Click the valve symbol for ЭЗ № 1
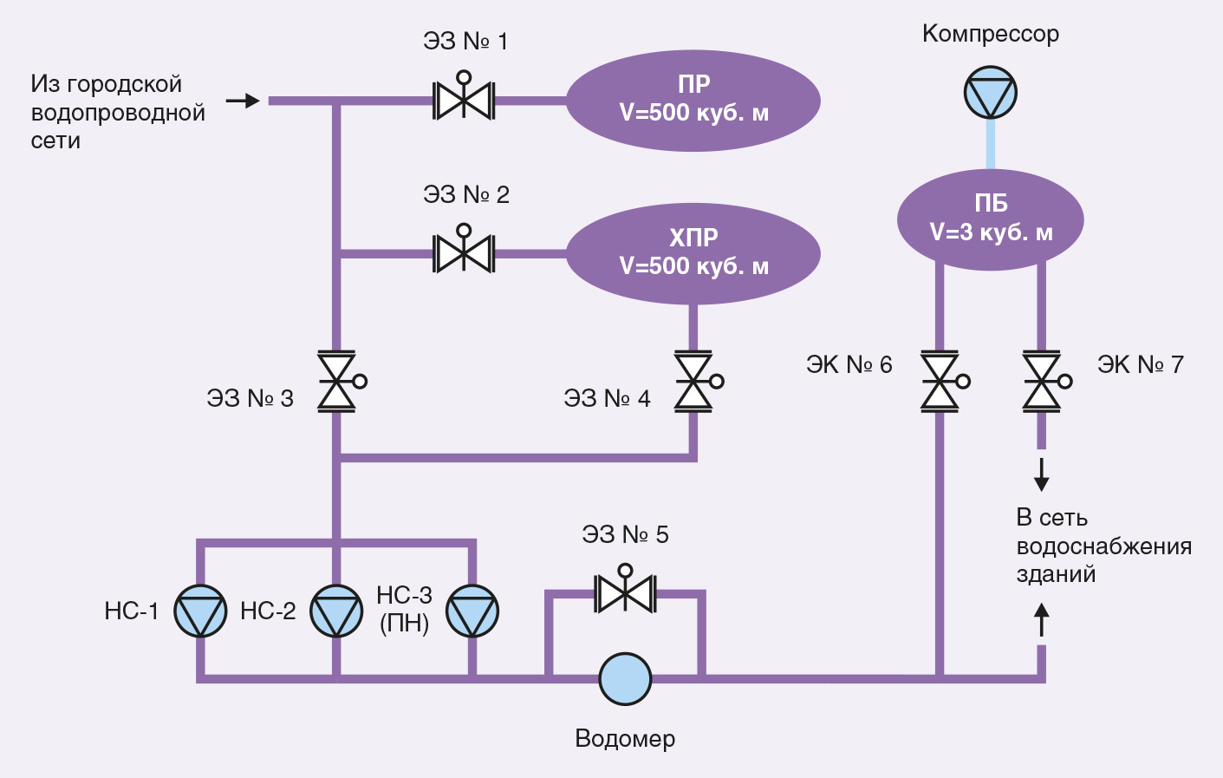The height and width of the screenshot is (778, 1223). (x=464, y=101)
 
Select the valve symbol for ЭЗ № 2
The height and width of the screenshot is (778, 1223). (x=464, y=254)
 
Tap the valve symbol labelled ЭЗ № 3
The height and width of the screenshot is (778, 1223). (x=337, y=381)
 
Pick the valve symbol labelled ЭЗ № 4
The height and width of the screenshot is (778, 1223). (x=693, y=381)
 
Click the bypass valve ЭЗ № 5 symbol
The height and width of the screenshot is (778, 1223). (x=625, y=593)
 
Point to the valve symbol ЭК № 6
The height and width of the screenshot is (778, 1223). (x=940, y=381)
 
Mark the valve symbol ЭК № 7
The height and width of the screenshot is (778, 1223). (x=1042, y=381)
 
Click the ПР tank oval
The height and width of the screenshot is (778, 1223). (x=693, y=100)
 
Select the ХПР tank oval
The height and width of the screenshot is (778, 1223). (x=693, y=253)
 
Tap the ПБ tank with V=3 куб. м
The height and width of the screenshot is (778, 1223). (x=990, y=219)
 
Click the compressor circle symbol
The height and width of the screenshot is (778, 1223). (x=991, y=93)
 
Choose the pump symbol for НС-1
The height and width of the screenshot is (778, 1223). (x=201, y=611)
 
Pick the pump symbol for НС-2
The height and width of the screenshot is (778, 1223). (x=337, y=611)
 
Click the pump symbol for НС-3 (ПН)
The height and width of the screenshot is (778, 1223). (x=472, y=611)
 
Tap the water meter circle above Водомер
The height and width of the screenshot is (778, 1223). (x=625, y=678)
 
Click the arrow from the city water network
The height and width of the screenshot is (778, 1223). (x=243, y=101)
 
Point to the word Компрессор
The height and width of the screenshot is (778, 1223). (x=990, y=34)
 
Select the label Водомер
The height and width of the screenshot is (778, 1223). (x=625, y=739)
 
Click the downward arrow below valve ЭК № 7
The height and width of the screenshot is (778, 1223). (x=1042, y=474)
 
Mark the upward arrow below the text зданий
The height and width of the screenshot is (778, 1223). (x=1042, y=619)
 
